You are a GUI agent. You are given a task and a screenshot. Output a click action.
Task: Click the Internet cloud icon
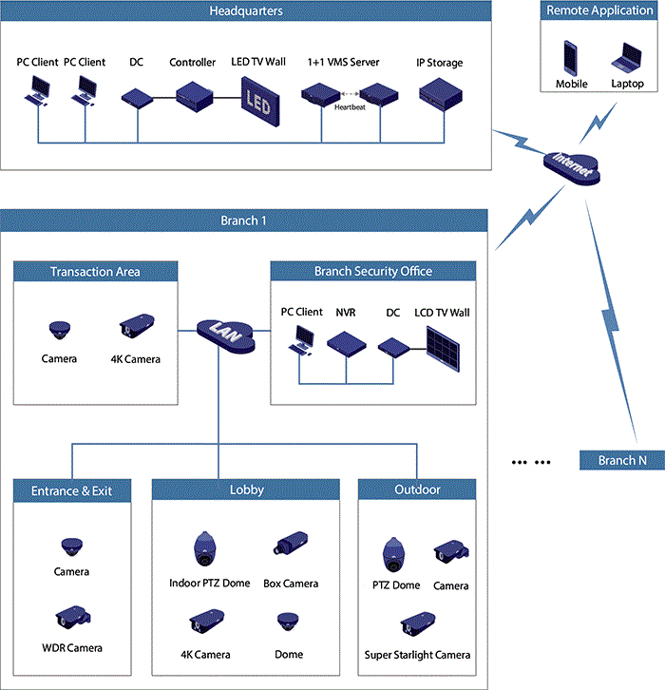573,168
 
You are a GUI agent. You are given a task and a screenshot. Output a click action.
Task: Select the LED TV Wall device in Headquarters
257,99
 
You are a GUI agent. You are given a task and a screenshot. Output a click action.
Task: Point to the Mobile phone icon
571,57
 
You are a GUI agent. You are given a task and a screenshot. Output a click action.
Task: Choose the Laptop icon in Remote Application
627,58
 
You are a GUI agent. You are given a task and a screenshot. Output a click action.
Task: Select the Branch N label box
621,461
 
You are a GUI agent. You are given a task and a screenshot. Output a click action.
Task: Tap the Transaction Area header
95,272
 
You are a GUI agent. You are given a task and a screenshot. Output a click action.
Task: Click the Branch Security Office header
372,272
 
